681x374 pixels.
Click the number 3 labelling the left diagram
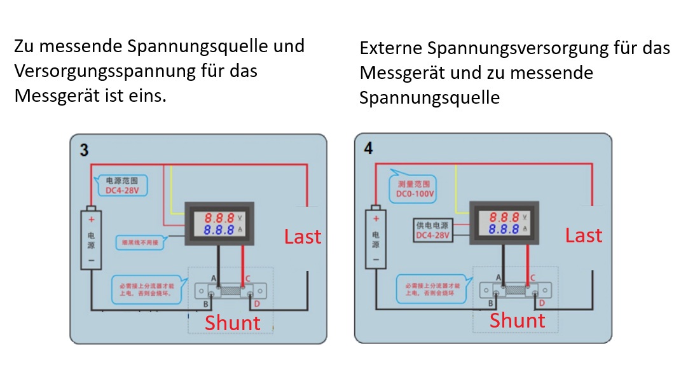coord(84,150)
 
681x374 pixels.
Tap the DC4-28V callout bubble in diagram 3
coord(121,185)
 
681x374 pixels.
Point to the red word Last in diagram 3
coord(303,237)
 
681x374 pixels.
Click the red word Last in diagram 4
coord(584,235)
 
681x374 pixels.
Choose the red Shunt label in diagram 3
coord(232,322)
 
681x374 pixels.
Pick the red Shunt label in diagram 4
coord(517,320)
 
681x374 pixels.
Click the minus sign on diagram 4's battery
coord(376,260)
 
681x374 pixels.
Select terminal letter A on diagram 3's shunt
coord(214,279)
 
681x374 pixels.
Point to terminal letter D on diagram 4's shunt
coord(542,303)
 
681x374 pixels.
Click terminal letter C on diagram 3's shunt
coord(247,278)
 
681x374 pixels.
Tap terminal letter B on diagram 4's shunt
coord(491,303)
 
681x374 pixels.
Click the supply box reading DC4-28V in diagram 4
coord(432,231)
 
